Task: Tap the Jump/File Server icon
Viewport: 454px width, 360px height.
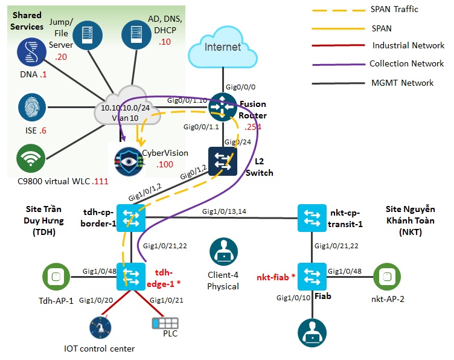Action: (86, 37)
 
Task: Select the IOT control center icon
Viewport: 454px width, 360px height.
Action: (100, 329)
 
